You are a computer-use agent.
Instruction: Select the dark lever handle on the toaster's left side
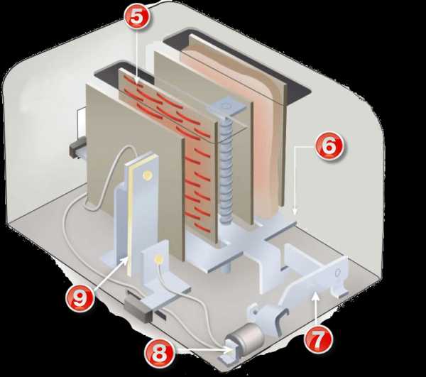pyautogui.click(x=76, y=148)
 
